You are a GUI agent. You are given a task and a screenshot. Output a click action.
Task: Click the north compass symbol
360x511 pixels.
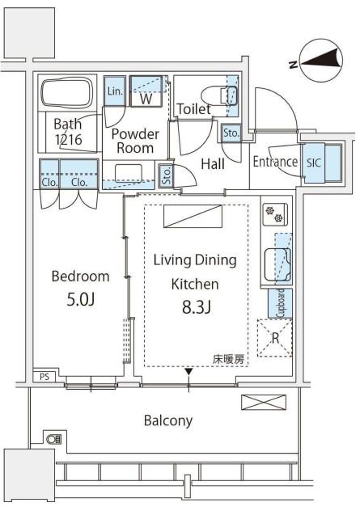pyautogui.click(x=321, y=61)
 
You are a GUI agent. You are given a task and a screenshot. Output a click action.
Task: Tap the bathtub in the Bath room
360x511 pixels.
pyautogui.click(x=67, y=92)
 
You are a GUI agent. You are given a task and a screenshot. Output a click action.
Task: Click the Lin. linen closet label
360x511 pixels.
pyautogui.click(x=115, y=91)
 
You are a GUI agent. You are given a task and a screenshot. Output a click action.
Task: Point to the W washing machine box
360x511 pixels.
pyautogui.click(x=146, y=91)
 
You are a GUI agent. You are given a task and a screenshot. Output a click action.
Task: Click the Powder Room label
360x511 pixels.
pyautogui.click(x=135, y=141)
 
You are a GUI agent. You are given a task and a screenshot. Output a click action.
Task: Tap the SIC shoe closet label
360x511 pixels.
pyautogui.click(x=314, y=163)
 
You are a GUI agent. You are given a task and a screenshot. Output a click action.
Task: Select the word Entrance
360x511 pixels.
pyautogui.click(x=275, y=162)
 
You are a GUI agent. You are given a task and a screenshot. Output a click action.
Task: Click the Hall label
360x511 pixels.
pyautogui.click(x=213, y=163)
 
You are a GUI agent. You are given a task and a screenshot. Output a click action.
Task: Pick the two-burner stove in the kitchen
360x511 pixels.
pyautogui.click(x=276, y=215)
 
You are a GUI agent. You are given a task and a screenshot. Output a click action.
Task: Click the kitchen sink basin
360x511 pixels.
pyautogui.click(x=277, y=264)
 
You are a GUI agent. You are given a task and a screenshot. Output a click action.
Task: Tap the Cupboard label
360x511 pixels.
pyautogui.click(x=281, y=303)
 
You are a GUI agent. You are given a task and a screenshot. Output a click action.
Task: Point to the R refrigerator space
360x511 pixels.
pyautogui.click(x=275, y=338)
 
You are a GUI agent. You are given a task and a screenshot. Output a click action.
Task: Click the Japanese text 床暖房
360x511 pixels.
pyautogui.click(x=228, y=360)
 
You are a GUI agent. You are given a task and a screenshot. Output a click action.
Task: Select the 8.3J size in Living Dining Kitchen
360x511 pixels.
pyautogui.click(x=197, y=307)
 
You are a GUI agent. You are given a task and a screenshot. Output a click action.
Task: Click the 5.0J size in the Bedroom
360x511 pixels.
pyautogui.click(x=81, y=299)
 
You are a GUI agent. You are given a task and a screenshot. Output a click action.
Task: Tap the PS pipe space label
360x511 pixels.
pyautogui.click(x=44, y=377)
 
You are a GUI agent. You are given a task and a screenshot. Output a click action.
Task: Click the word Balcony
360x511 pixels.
pyautogui.click(x=168, y=420)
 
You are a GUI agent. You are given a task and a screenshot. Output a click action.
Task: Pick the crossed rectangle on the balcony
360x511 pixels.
pyautogui.click(x=264, y=402)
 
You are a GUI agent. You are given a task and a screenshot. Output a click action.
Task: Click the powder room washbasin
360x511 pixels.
pyautogui.click(x=129, y=174)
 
